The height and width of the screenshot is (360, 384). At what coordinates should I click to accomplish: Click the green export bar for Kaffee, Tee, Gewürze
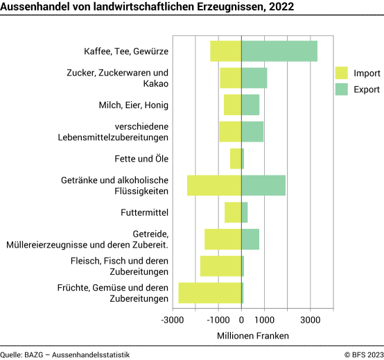[279, 51]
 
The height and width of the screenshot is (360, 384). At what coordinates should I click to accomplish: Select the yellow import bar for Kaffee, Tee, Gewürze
[226, 51]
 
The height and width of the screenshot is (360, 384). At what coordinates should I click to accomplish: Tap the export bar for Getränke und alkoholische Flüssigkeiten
[263, 185]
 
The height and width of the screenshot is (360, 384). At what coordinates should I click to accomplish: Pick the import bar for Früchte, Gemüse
[210, 293]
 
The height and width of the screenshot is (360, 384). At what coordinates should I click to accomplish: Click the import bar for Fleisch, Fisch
[220, 266]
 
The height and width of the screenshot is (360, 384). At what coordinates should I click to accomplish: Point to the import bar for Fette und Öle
[236, 159]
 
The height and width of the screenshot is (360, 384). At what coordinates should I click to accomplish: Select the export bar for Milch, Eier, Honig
[250, 105]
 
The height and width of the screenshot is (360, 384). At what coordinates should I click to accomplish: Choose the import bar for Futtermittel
[233, 212]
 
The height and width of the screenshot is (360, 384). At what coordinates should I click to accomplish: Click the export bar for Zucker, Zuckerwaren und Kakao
[254, 78]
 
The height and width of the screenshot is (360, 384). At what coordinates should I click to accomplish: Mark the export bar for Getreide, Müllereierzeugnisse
[250, 239]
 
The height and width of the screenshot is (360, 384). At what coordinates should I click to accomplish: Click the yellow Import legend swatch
[341, 73]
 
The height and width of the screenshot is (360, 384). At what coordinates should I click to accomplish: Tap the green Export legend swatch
[341, 89]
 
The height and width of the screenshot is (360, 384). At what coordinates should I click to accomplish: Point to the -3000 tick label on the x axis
[173, 320]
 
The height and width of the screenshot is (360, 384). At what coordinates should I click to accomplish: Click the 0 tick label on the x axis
[241, 320]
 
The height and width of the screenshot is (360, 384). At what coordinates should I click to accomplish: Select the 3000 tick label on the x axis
[310, 320]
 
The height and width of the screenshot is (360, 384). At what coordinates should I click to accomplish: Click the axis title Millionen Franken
[252, 335]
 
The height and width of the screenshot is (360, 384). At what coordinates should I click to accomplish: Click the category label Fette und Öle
[142, 159]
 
